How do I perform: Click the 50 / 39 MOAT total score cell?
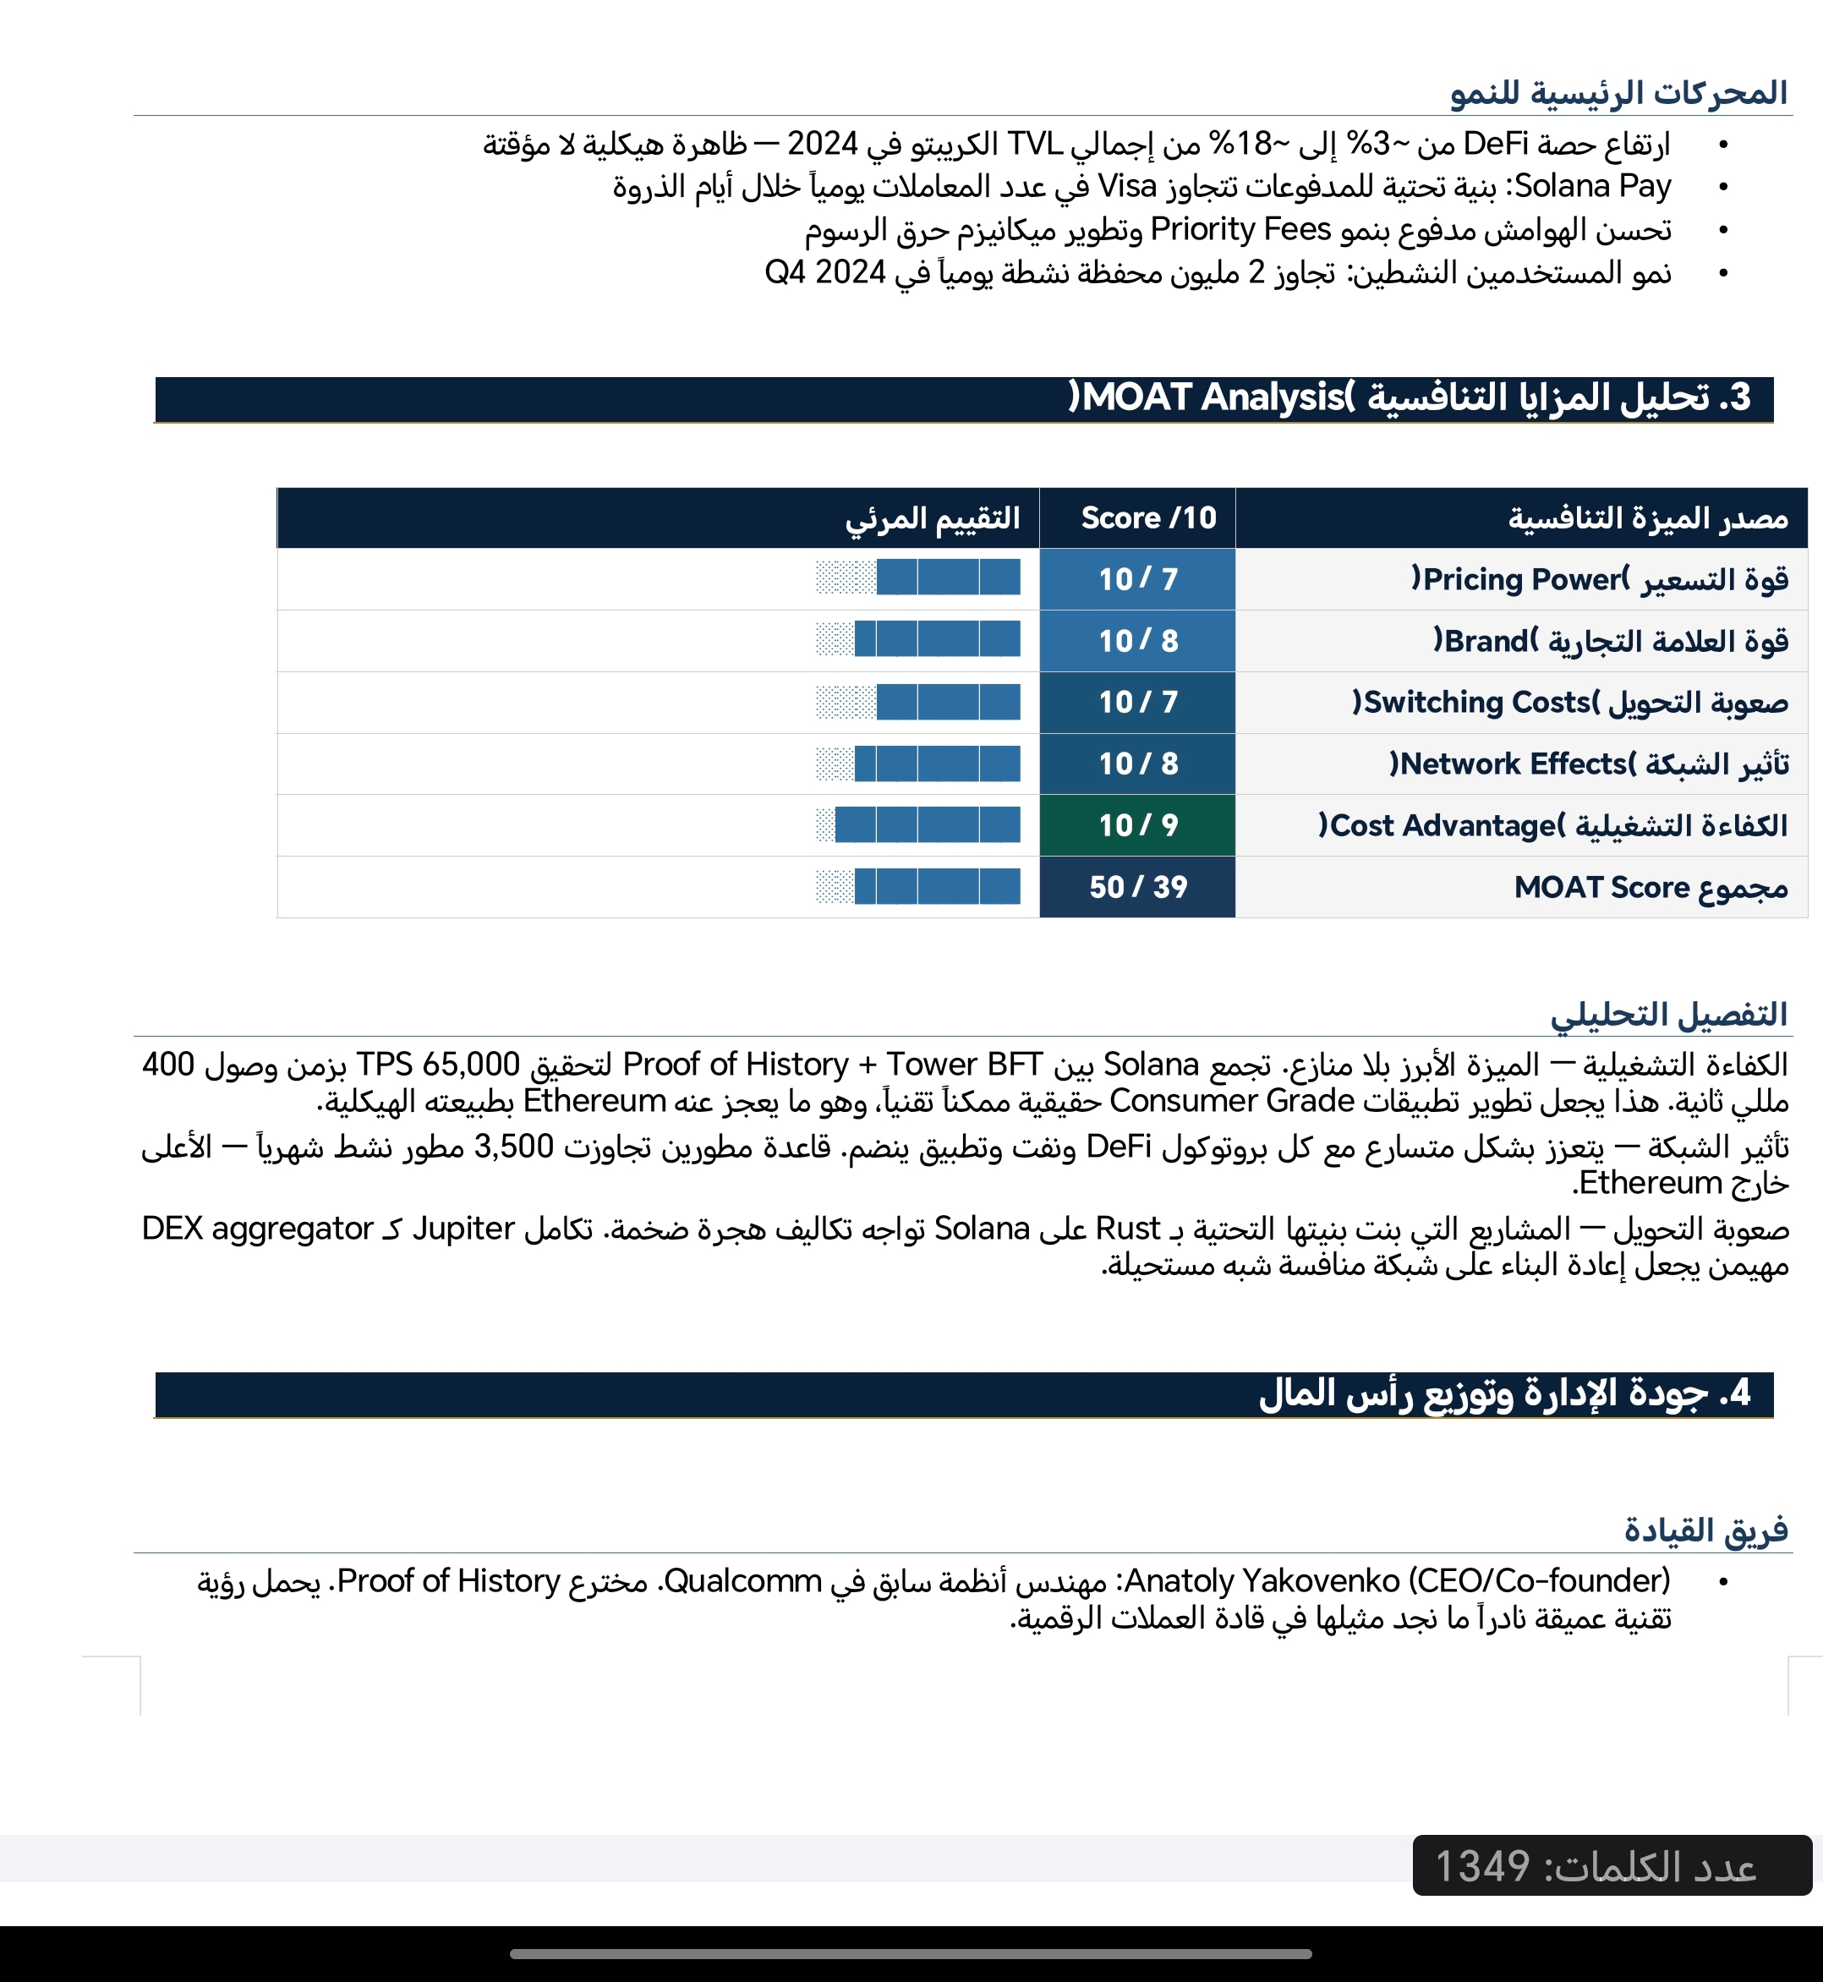click(x=1137, y=887)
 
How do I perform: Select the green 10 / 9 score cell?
click(x=1137, y=824)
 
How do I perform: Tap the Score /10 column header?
click(x=1148, y=518)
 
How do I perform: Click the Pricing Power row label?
click(x=1599, y=579)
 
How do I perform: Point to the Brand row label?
click(x=1610, y=641)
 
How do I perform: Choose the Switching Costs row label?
click(x=1569, y=703)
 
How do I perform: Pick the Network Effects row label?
click(x=1588, y=764)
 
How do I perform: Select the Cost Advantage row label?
click(x=1552, y=824)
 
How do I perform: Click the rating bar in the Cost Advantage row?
click(x=918, y=824)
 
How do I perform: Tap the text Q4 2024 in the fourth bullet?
click(x=824, y=271)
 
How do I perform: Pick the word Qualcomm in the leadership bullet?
click(x=742, y=1580)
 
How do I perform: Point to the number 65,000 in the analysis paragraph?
click(x=470, y=1065)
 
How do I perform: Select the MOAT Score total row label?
click(x=1650, y=887)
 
